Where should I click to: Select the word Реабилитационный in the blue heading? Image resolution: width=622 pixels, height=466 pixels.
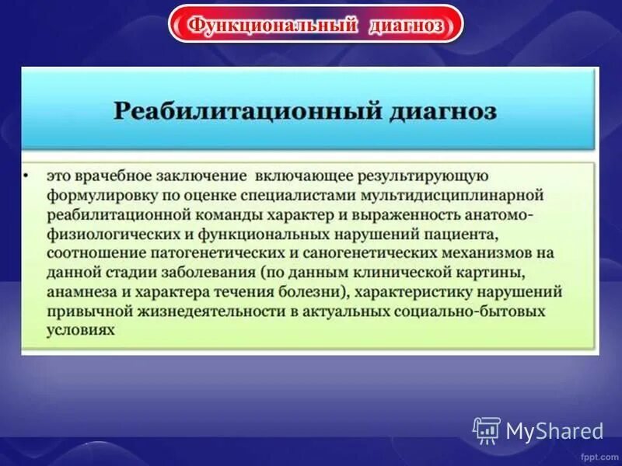point(247,110)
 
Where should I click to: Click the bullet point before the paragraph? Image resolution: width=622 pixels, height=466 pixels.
point(26,176)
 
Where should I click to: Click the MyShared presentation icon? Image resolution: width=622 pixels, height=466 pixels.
point(487,430)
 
